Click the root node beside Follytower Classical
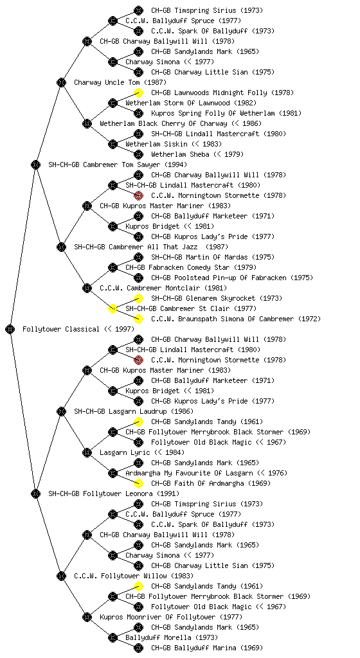(x=10, y=329)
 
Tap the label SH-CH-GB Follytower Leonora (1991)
(x=114, y=493)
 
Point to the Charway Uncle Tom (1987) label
(x=120, y=82)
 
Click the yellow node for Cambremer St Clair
(x=113, y=308)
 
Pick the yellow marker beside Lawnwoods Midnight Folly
(x=138, y=93)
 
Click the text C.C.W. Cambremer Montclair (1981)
(x=163, y=288)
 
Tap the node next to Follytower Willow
(x=61, y=576)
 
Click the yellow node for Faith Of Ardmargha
(x=138, y=483)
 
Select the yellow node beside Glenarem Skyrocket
(x=138, y=298)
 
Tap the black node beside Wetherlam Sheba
(x=138, y=154)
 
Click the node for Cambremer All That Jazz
(x=61, y=247)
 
